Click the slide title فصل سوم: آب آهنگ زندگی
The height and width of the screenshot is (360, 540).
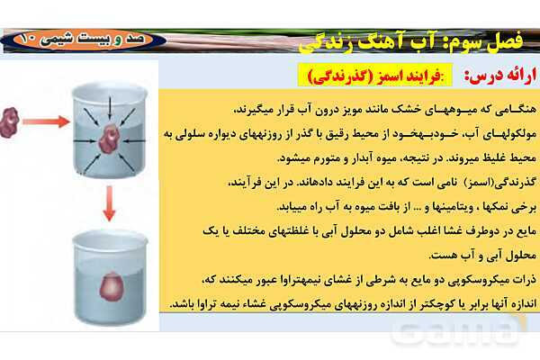coord(414,41)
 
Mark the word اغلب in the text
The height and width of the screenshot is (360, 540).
coord(406,229)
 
